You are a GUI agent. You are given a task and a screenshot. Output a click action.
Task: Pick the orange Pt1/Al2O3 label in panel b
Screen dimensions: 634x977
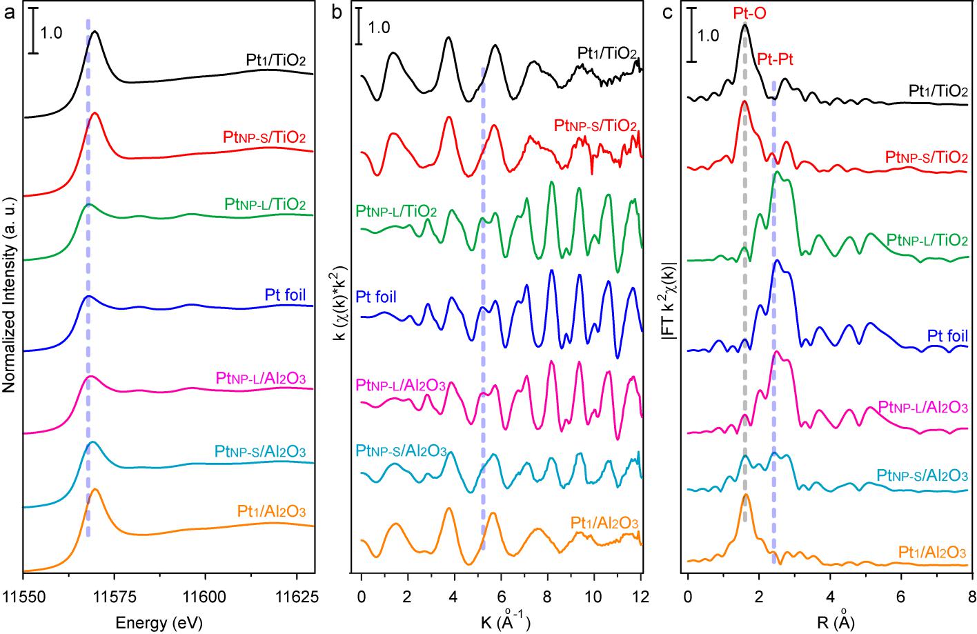604,522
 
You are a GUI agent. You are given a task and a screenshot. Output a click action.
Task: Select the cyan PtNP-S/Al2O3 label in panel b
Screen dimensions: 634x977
401,450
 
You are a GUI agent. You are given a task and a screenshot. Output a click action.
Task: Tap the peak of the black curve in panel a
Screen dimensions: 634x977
95,32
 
